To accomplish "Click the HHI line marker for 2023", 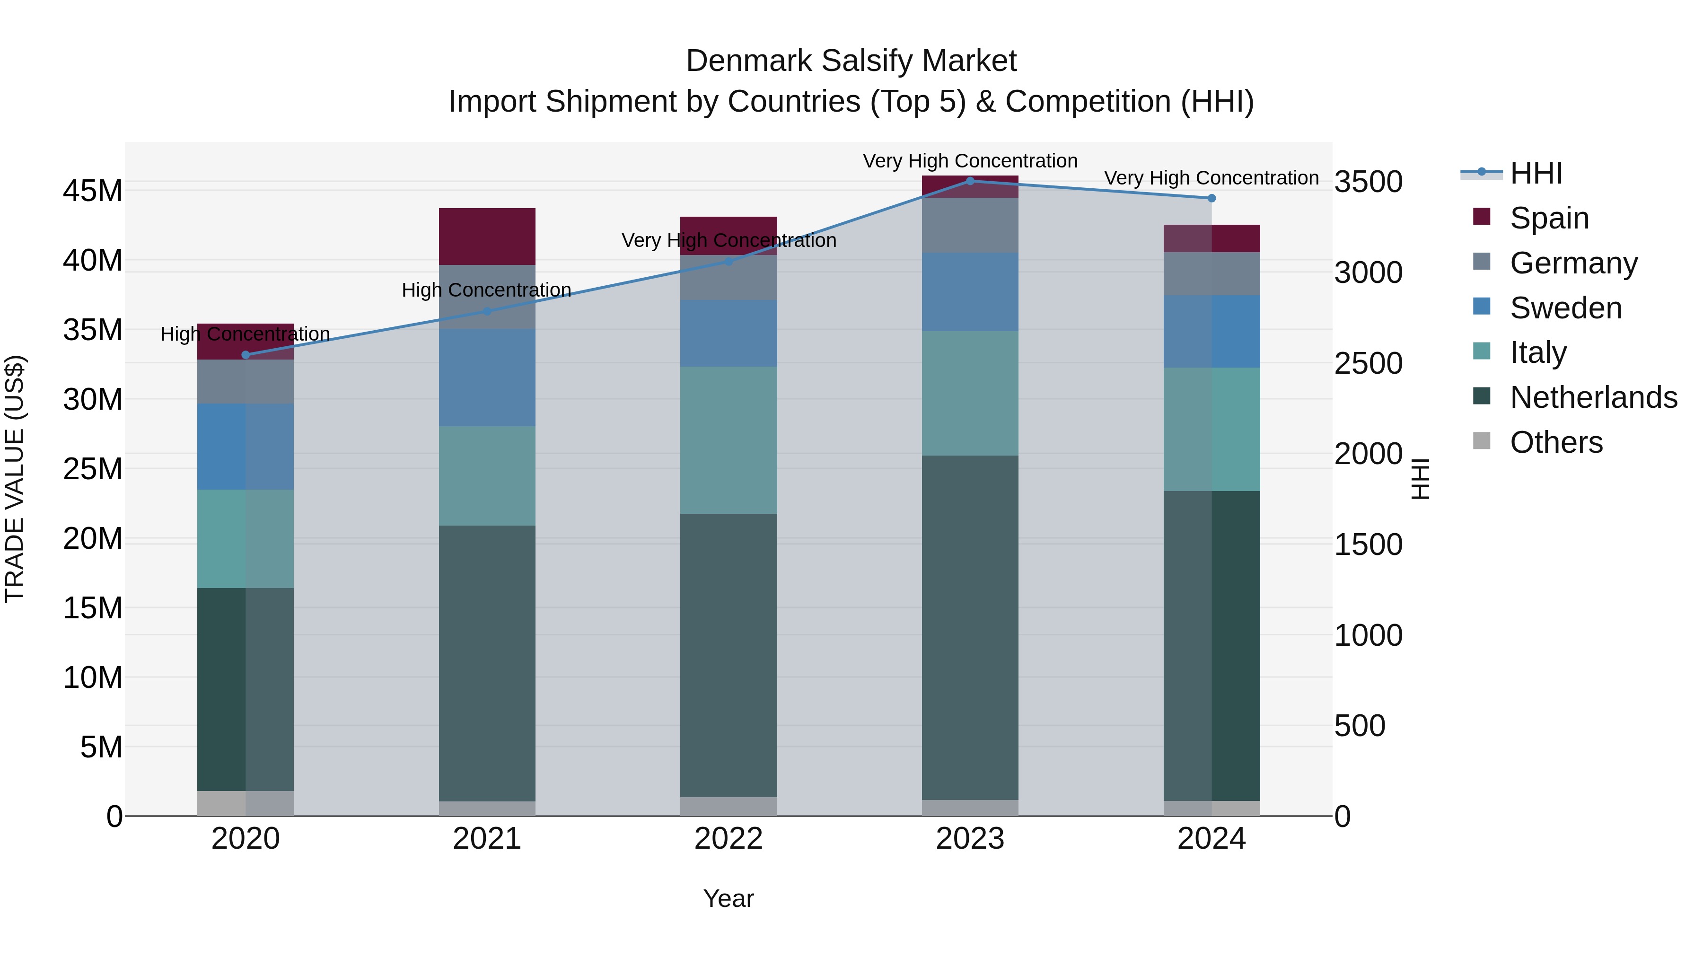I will click(970, 181).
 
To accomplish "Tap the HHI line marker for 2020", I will click(245, 355).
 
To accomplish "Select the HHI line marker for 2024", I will click(1211, 198).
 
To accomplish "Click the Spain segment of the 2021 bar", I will click(487, 236).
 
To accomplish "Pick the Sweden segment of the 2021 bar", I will click(487, 377).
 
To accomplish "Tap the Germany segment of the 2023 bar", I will click(970, 225).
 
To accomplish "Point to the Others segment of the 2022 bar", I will click(729, 806).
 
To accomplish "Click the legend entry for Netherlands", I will click(1593, 397).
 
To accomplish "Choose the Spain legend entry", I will click(1549, 218).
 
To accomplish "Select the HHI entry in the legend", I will click(1536, 173).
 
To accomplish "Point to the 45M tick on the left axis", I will click(93, 191).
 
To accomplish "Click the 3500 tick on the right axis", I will click(1368, 182).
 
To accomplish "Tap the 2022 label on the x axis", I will click(729, 838).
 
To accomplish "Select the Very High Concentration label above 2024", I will click(1211, 178).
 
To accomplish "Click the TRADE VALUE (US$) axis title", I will click(15, 479).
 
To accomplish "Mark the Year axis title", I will click(729, 898).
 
